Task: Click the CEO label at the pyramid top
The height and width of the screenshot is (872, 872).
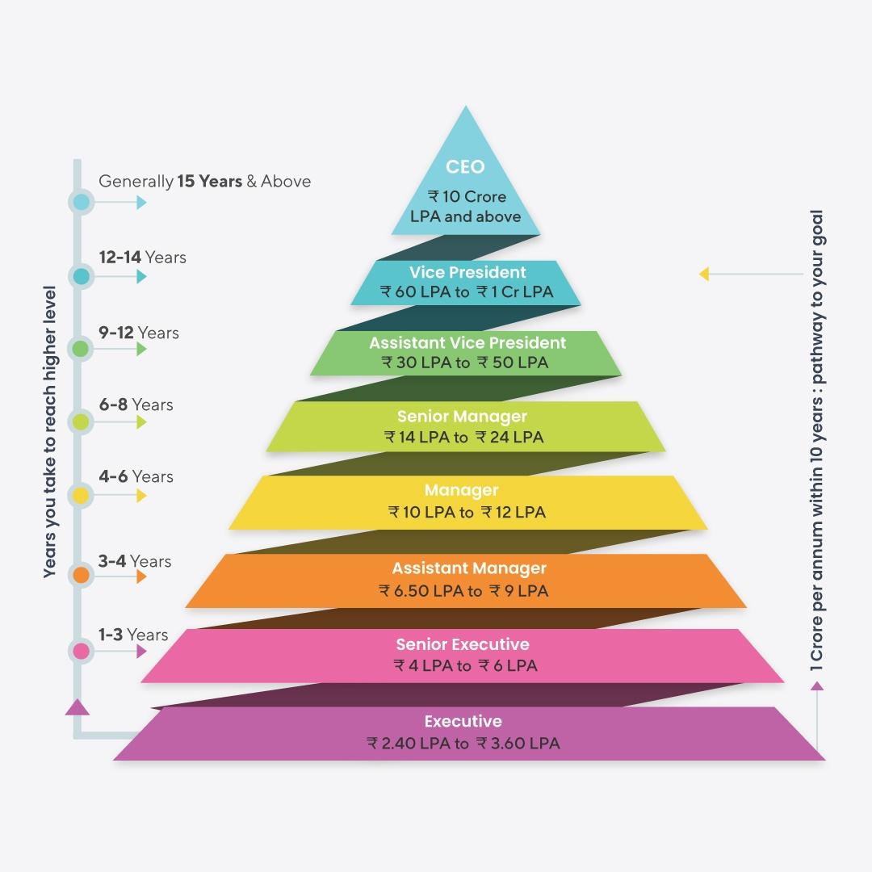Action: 465,167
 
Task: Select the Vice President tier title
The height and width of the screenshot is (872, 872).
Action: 467,272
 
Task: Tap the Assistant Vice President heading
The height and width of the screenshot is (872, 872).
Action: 467,342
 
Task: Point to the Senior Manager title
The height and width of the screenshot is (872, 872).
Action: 462,417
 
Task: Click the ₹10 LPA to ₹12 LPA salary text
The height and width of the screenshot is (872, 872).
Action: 466,512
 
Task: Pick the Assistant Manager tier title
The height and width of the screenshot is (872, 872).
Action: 468,568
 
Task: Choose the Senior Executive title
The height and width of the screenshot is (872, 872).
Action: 463,644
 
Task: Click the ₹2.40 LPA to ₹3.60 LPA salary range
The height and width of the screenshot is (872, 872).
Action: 463,743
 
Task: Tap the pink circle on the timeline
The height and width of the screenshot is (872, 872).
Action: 81,650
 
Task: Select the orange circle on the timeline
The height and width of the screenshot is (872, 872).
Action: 81,576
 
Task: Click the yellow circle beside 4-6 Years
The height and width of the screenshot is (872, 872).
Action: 81,495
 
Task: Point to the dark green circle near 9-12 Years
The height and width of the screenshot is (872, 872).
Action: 81,349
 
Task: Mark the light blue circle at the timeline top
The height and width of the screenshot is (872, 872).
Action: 81,202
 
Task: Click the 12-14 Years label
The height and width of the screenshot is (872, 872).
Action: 142,258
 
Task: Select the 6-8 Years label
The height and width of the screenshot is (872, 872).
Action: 136,405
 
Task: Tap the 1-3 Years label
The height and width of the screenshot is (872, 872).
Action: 133,635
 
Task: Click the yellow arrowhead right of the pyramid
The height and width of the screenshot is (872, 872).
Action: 704,275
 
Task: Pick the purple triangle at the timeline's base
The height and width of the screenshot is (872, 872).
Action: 77,707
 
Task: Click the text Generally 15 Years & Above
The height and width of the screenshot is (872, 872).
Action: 204,182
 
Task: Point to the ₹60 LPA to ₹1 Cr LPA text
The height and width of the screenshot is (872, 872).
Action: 466,291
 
